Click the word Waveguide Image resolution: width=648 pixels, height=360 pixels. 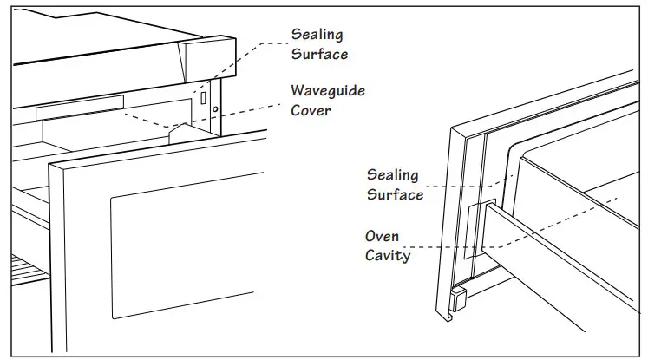point(327,91)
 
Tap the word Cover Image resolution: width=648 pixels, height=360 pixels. point(311,110)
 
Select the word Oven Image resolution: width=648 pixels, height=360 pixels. point(382,236)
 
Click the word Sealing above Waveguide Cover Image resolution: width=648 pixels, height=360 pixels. point(317,35)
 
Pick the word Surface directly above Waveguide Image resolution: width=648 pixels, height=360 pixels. point(319,54)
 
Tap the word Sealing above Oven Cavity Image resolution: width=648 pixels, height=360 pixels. point(392,176)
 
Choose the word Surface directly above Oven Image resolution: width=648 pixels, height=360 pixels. point(395,194)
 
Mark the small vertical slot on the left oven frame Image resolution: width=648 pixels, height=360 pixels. point(204,98)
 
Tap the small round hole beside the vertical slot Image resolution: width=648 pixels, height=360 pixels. point(216,110)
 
